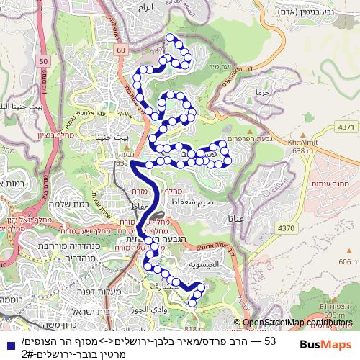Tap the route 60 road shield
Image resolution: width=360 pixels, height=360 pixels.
(x=120, y=49)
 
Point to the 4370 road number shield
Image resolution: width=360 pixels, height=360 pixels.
(x=287, y=228)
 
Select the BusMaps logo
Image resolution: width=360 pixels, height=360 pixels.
(x=321, y=345)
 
